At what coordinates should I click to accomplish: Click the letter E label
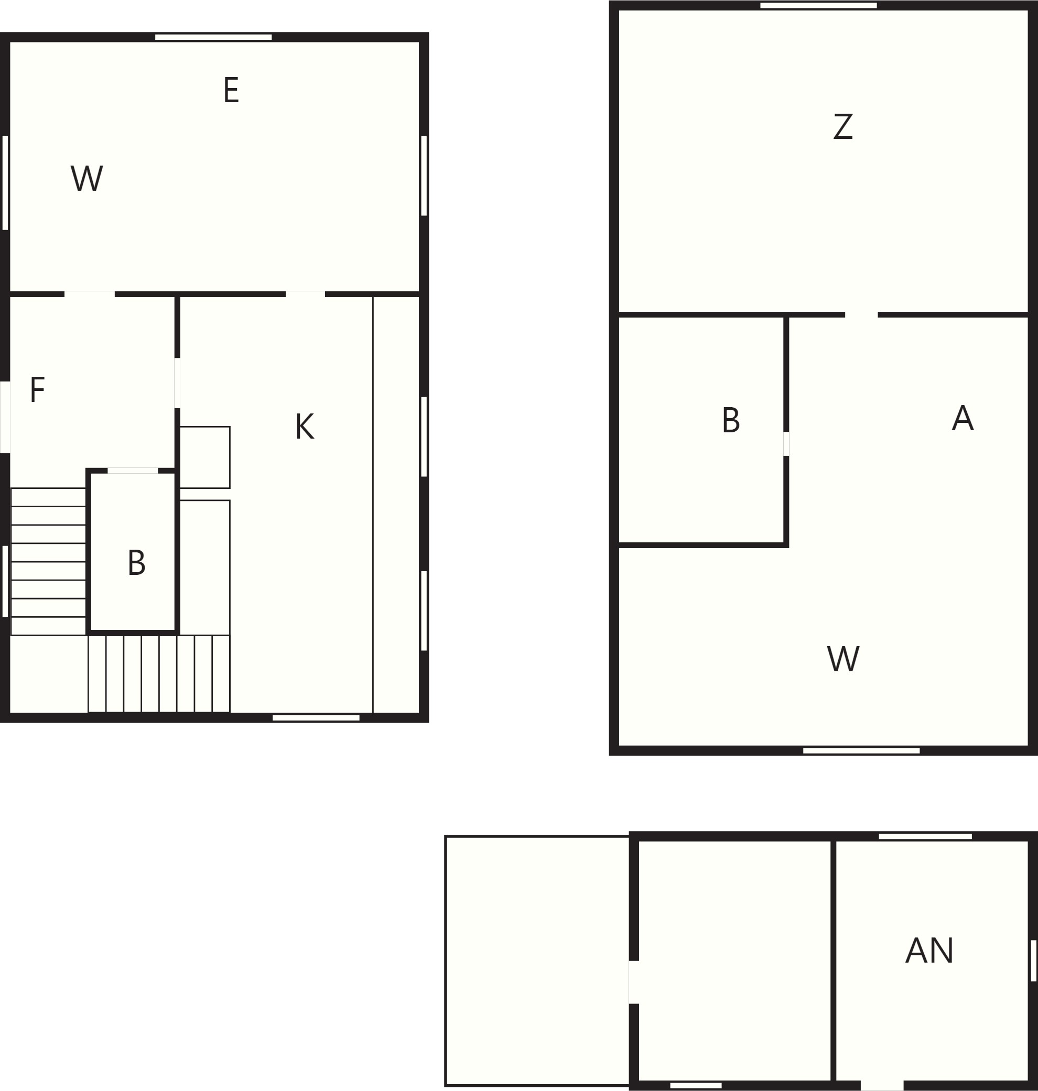pos(231,90)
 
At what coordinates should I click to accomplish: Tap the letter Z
pos(842,127)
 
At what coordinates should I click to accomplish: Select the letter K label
pos(304,427)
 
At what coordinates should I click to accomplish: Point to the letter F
pos(37,390)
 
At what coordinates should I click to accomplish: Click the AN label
pos(929,951)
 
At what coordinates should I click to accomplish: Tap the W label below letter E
pos(87,179)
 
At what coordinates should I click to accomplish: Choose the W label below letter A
pos(843,659)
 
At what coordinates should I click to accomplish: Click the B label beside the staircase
pos(137,563)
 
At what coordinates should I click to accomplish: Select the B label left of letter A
pos(731,420)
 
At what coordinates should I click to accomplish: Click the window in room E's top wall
pos(213,37)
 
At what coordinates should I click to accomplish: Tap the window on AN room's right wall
pos(1033,961)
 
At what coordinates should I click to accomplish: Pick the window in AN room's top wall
pos(925,836)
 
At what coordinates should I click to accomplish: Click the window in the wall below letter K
pos(316,718)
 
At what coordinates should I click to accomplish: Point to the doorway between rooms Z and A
pos(861,314)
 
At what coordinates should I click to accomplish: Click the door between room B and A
pos(786,443)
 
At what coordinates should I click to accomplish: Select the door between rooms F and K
pos(177,383)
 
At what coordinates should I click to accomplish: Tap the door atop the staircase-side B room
pos(133,471)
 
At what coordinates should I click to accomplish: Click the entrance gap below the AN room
pos(882,1085)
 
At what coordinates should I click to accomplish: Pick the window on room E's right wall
pos(424,176)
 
